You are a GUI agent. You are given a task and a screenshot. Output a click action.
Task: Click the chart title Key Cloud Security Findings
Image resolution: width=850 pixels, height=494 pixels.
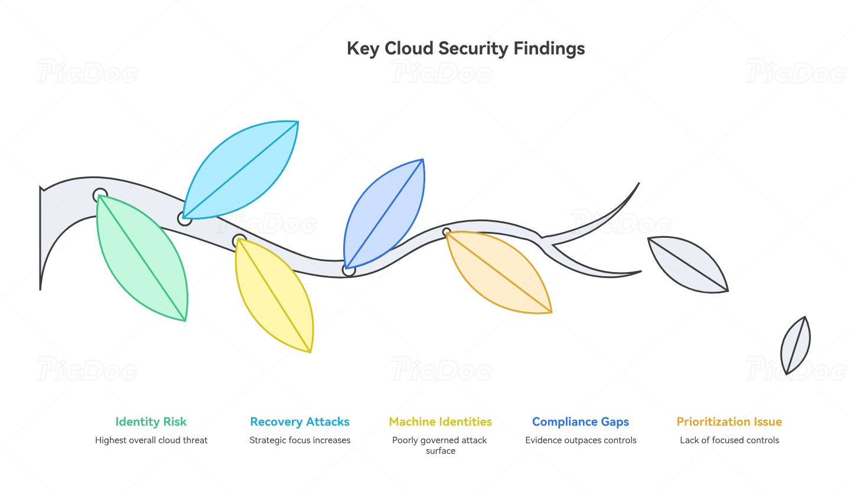tap(465, 48)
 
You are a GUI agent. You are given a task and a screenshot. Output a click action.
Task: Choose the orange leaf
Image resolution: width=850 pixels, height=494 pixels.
tap(499, 271)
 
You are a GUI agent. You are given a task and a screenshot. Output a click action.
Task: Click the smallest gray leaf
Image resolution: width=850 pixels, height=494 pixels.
tap(796, 345)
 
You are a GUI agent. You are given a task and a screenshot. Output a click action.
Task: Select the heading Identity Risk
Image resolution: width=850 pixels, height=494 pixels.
tap(151, 422)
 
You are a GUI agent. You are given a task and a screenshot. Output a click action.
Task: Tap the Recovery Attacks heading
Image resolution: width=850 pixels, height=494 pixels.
tap(299, 422)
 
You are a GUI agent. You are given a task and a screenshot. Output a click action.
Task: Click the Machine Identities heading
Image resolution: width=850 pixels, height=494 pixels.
tap(440, 422)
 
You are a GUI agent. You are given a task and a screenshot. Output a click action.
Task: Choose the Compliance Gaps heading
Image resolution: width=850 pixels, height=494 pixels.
tap(581, 422)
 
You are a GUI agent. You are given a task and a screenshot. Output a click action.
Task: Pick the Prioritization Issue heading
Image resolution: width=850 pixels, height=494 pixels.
tap(729, 422)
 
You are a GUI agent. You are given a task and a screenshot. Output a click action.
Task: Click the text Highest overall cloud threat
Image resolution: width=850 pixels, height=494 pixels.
tap(151, 440)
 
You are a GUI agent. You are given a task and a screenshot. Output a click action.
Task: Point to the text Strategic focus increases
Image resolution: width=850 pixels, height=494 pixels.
tap(299, 440)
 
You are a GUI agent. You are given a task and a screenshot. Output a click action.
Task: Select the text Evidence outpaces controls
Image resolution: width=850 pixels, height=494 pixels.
tap(581, 440)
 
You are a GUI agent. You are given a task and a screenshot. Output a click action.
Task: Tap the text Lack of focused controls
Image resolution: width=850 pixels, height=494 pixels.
tap(729, 440)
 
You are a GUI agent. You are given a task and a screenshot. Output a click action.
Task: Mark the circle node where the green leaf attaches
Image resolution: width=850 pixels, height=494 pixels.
tap(100, 195)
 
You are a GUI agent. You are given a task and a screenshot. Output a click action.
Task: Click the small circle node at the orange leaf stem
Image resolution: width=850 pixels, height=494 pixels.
tap(447, 232)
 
